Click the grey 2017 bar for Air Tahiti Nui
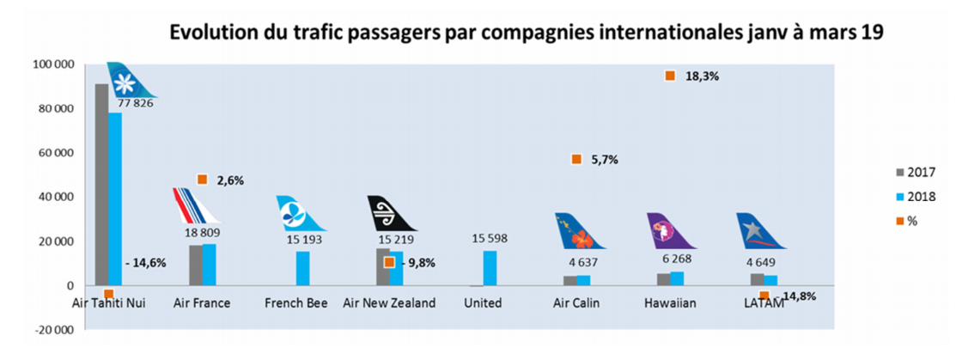click(101, 184)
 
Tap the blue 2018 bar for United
click(490, 267)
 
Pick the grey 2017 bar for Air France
click(195, 265)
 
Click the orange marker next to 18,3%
click(670, 76)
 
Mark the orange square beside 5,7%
click(576, 159)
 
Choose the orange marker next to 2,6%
click(203, 180)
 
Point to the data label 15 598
click(490, 238)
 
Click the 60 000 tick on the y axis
click(53, 153)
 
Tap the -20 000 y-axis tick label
click(51, 330)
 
